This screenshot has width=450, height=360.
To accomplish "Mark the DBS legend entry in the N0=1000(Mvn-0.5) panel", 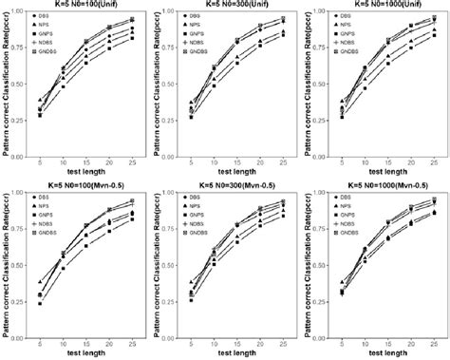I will [351, 199].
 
